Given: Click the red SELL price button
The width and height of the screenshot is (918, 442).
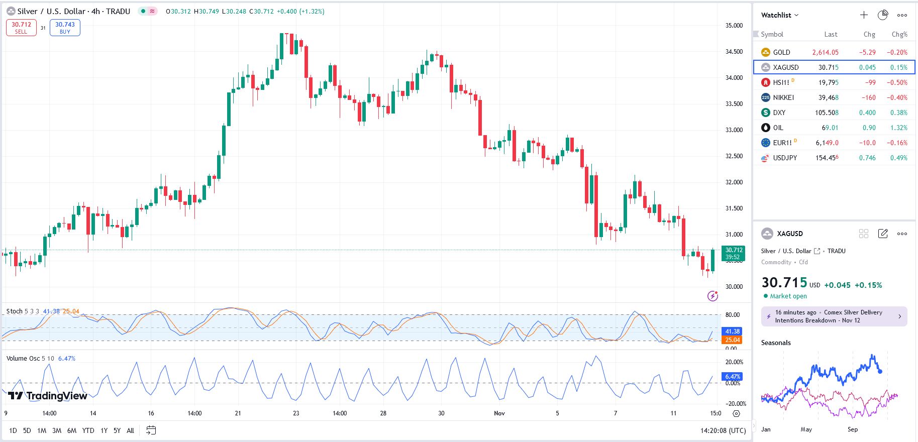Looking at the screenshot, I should [x=21, y=28].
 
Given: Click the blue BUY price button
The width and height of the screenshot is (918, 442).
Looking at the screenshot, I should [x=65, y=28].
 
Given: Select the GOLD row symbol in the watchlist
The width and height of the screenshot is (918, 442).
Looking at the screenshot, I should [x=781, y=52].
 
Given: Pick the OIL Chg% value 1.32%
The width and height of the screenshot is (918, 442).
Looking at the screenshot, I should [x=898, y=128].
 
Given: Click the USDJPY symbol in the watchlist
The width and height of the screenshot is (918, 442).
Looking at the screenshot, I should [x=785, y=158].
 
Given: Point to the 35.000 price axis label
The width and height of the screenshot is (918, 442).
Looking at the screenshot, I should [x=734, y=26].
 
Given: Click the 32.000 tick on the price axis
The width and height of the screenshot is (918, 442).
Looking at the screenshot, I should [x=734, y=182].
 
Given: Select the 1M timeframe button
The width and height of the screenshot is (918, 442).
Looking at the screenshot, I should [x=42, y=430].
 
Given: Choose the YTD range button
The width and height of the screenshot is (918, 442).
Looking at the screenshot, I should [x=88, y=430].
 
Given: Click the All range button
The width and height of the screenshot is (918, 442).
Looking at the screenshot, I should [x=130, y=430].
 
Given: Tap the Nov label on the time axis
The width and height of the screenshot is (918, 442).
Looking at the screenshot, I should [x=499, y=413].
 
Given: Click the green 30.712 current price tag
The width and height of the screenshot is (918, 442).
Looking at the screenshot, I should [x=734, y=253].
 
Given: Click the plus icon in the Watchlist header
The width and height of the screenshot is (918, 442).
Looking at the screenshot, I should [x=864, y=15].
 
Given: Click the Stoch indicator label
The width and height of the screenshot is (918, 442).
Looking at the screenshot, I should [x=14, y=311].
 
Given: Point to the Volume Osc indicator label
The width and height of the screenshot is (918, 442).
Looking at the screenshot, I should [x=23, y=359].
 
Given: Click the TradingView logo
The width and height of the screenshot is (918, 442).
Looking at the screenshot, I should [x=48, y=396].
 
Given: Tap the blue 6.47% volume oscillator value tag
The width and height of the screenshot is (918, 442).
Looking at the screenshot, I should [x=733, y=377].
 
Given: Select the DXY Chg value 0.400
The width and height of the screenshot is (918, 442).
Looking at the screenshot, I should [x=867, y=113].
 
